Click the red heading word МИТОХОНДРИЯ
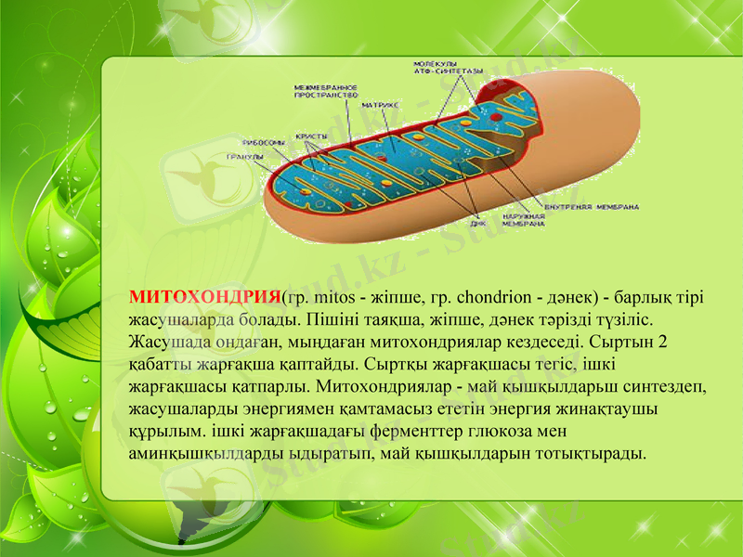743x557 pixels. coord(203,297)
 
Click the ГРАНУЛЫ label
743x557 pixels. coord(243,157)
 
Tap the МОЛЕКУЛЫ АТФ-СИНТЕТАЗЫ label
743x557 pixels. coord(448,68)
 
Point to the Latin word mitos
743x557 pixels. coord(329,297)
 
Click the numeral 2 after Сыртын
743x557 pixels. coord(661,342)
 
